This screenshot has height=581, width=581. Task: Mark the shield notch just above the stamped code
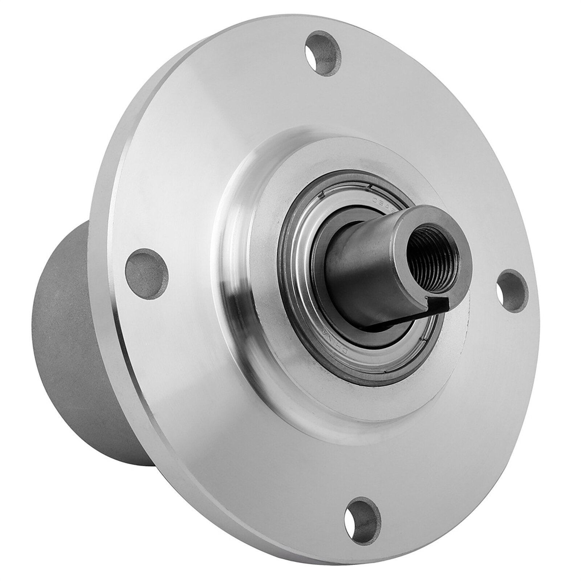point(370,187)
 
